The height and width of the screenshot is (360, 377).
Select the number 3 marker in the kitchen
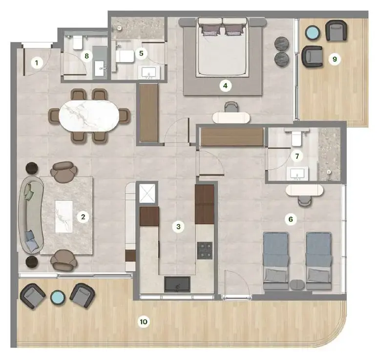179,226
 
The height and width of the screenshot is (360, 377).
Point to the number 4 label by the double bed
225,86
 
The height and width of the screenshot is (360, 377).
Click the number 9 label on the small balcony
335,59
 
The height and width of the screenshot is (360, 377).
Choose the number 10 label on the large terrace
144,322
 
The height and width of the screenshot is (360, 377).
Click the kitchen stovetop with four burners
205,250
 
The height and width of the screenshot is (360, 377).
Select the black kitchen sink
177,283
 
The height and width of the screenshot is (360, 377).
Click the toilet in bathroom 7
296,139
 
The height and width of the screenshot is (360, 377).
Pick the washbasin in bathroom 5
148,73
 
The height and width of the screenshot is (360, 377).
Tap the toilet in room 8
78,43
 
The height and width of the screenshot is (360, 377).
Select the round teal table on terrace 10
57,297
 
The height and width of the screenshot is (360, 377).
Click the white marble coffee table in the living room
64,215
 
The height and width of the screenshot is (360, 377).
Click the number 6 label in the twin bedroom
291,220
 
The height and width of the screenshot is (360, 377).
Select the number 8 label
87,56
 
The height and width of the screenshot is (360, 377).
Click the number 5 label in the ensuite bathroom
142,52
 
